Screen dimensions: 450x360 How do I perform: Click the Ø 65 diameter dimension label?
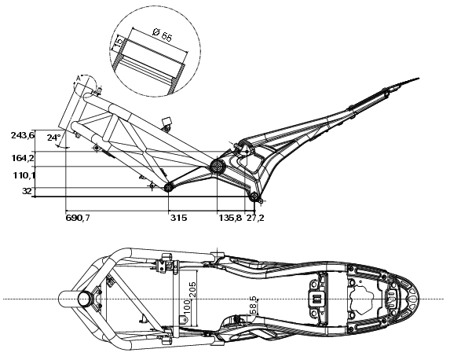(162, 35)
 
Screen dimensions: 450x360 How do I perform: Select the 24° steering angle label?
(54, 138)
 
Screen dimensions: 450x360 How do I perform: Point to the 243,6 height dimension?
(23, 135)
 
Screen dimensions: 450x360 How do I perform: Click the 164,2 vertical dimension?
(23, 158)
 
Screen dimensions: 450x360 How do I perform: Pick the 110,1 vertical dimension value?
(24, 175)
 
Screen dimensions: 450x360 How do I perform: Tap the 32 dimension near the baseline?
(27, 191)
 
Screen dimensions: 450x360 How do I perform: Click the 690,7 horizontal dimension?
(78, 218)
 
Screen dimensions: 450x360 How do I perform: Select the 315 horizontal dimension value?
(178, 218)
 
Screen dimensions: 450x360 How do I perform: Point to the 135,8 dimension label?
(230, 218)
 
